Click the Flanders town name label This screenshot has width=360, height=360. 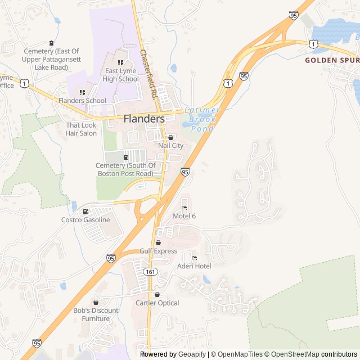(x=144, y=119)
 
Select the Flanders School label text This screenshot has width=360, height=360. (x=82, y=101)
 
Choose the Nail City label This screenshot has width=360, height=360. (x=170, y=145)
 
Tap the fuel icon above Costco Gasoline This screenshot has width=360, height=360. (x=85, y=211)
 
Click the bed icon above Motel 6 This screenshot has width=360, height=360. (x=184, y=208)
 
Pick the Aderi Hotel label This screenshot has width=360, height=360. (x=194, y=265)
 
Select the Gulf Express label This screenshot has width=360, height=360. (x=158, y=251)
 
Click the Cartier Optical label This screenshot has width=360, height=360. (x=157, y=303)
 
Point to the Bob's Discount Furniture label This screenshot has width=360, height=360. (x=96, y=314)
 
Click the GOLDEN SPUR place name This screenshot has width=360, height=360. (x=332, y=60)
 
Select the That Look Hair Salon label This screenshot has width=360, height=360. (x=81, y=129)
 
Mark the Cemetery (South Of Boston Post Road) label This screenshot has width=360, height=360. (x=125, y=169)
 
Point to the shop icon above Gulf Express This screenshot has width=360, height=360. (x=158, y=242)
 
